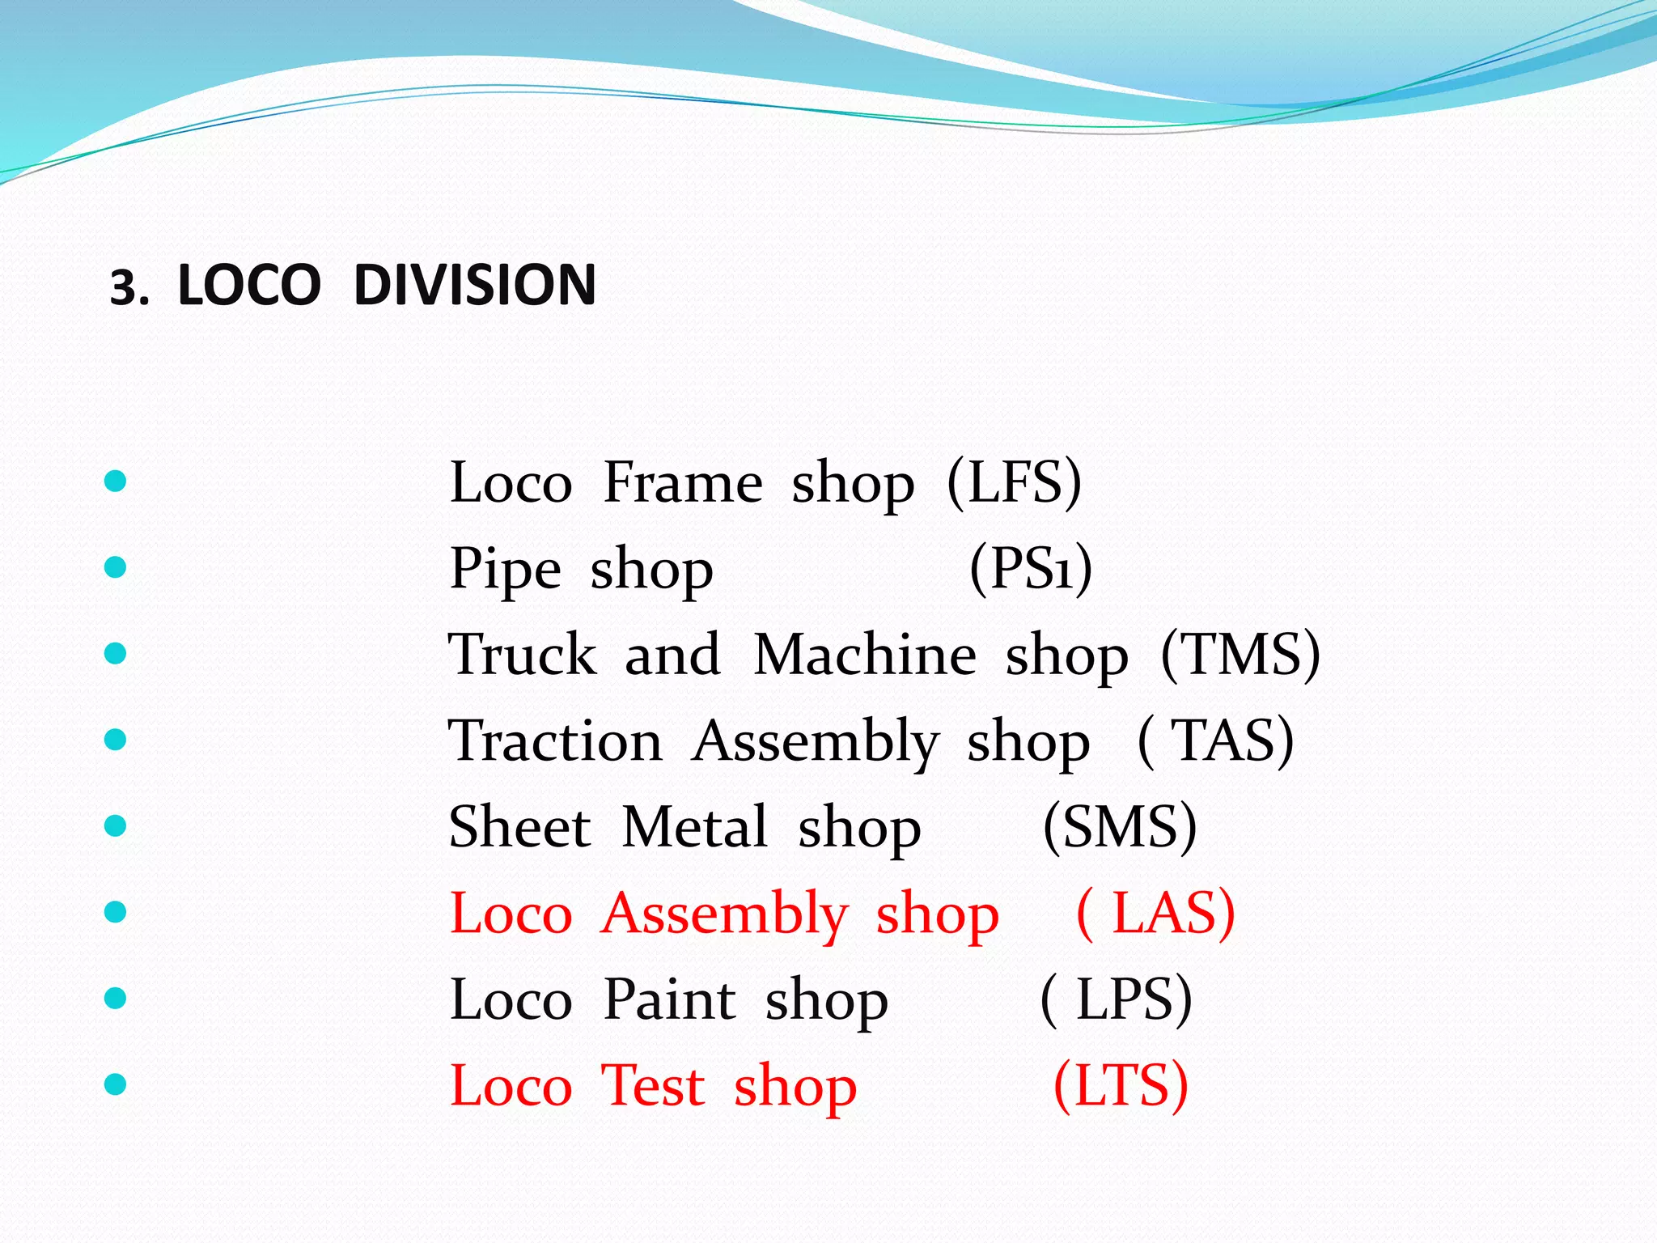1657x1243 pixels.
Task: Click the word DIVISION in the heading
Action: click(475, 286)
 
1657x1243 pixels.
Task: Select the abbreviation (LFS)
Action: click(1014, 483)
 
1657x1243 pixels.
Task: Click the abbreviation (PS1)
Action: click(1031, 569)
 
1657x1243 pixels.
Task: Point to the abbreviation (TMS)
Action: click(1240, 655)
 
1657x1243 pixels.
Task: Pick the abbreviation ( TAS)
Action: click(1215, 740)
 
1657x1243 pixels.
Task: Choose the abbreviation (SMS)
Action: click(1120, 827)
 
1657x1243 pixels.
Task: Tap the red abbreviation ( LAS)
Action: click(1155, 914)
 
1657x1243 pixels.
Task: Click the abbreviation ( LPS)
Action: click(1116, 999)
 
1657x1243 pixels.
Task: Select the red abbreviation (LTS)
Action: click(1121, 1085)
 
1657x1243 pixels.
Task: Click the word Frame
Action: click(683, 483)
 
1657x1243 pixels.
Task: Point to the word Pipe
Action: click(505, 569)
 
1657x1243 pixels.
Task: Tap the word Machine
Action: click(864, 655)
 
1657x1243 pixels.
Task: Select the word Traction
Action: click(555, 740)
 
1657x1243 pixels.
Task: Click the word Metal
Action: click(694, 827)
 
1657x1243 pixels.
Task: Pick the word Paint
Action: click(669, 999)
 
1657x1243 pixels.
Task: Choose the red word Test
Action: click(653, 1085)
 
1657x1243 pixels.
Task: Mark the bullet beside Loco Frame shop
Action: click(116, 482)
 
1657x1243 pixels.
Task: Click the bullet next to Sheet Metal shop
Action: click(116, 825)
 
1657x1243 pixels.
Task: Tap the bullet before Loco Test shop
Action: click(116, 1084)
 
